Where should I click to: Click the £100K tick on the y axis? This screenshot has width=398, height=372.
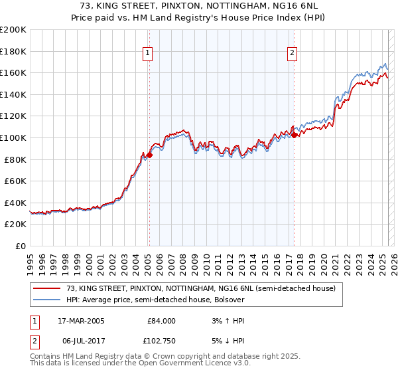[x=13, y=138]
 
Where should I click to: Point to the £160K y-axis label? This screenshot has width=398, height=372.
[x=13, y=72]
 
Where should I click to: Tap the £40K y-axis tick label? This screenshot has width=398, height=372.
[x=15, y=203]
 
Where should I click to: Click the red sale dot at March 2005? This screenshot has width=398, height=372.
[x=149, y=155]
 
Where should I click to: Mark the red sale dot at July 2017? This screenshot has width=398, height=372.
[x=294, y=134]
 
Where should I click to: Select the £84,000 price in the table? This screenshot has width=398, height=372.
[x=161, y=321]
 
